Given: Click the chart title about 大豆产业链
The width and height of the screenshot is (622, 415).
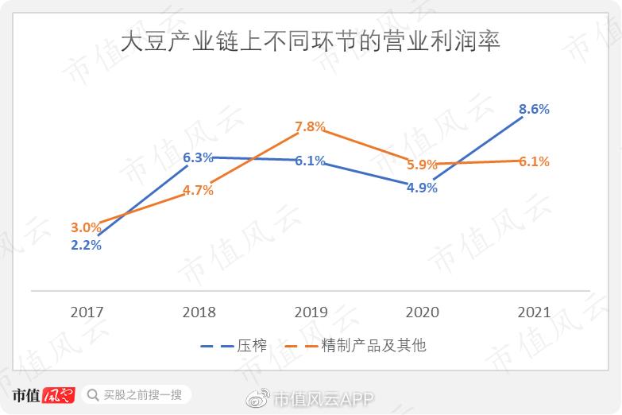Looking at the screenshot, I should [311, 41].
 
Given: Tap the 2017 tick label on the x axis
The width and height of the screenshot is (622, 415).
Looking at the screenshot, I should [87, 312].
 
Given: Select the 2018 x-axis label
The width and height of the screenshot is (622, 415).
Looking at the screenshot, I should [199, 312].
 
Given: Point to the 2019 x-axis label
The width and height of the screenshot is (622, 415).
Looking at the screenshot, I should [310, 312].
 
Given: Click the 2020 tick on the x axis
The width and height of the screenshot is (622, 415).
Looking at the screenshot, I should [422, 312].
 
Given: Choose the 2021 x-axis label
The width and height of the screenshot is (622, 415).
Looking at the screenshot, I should [534, 312].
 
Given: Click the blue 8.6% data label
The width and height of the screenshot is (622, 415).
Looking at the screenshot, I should [534, 110].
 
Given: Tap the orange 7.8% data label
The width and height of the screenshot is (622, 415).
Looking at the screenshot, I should [310, 126].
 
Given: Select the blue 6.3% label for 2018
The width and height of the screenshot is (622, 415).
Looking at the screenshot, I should [198, 157].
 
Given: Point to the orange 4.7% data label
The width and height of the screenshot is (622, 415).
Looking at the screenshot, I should [198, 191].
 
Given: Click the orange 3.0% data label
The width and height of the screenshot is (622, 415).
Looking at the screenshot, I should [86, 228].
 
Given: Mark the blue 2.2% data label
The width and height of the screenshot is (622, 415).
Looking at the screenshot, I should [86, 245].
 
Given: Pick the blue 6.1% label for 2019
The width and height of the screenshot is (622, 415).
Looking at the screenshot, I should [310, 161].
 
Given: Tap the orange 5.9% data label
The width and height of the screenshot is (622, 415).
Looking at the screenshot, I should [422, 165].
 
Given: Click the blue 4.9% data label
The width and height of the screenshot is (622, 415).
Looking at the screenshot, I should [422, 188].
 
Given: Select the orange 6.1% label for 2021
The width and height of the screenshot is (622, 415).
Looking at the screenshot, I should [534, 161].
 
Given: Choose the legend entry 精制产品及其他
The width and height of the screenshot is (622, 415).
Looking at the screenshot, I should [373, 346].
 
